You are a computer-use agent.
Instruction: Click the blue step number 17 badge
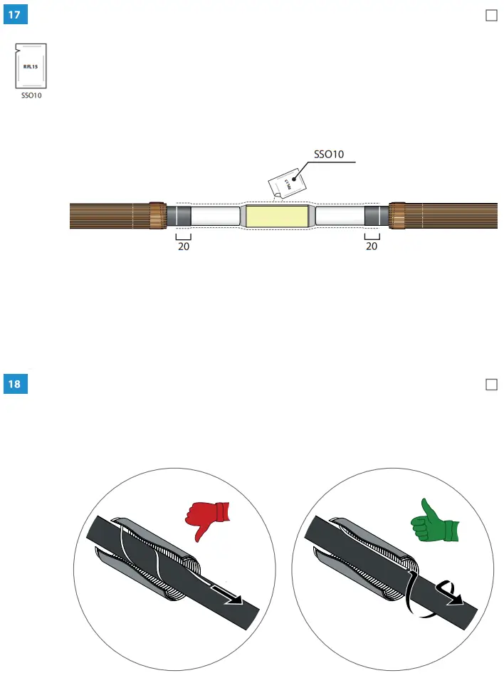tap(15, 16)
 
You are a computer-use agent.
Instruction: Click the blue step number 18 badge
tap(15, 385)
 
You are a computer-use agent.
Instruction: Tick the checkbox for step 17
tap(490, 16)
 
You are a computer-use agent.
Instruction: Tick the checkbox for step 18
tap(490, 385)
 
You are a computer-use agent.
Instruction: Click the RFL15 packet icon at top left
tap(30, 66)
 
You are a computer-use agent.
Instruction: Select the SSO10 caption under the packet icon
tap(30, 96)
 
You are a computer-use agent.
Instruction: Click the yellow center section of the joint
tap(277, 216)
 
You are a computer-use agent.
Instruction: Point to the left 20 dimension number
tap(184, 247)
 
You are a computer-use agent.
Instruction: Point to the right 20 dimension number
tap(372, 247)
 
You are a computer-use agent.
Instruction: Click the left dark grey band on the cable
tap(179, 216)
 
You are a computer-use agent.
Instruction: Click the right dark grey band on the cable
tap(375, 216)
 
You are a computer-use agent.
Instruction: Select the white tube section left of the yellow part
tap(215, 216)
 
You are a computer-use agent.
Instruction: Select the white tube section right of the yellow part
tap(340, 216)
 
